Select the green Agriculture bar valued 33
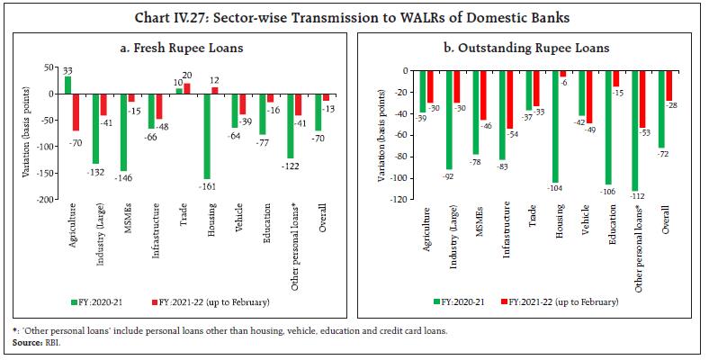(68, 85)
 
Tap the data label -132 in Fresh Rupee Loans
(96, 170)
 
